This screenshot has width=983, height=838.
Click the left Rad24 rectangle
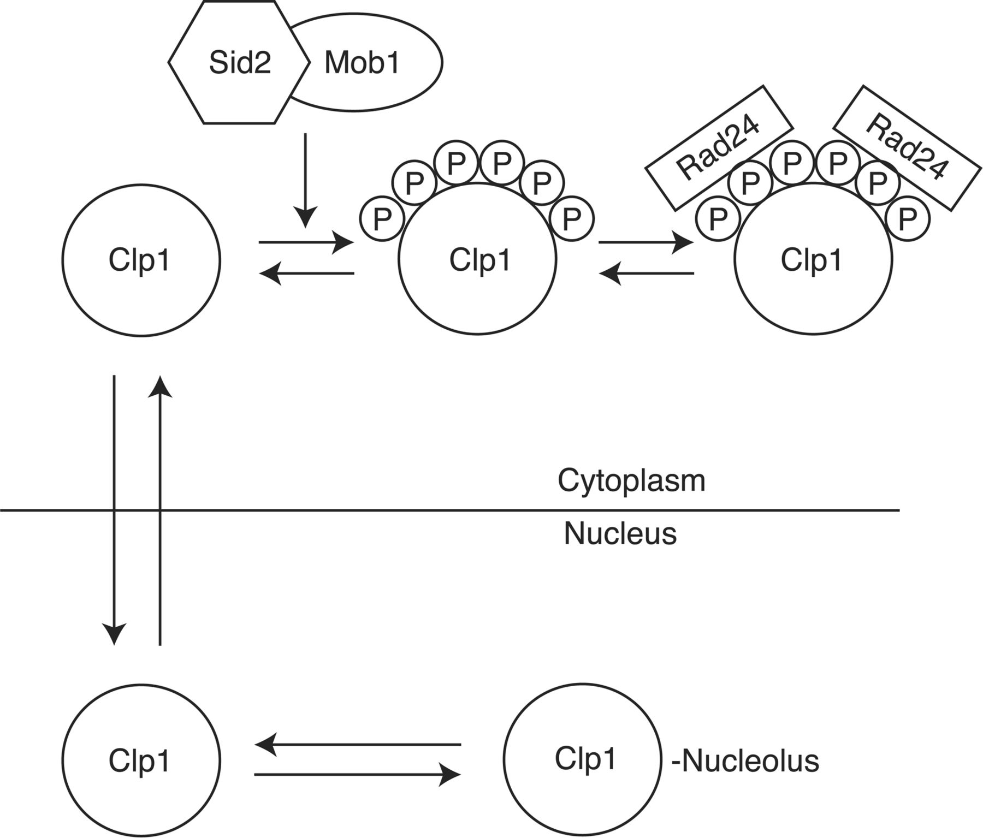tap(719, 147)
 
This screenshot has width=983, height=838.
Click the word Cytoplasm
tap(631, 481)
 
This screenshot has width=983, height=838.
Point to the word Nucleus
tap(620, 534)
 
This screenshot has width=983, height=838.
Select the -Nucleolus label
tap(745, 760)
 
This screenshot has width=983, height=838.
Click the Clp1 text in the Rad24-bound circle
tap(812, 260)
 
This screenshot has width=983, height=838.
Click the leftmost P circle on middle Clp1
tap(382, 219)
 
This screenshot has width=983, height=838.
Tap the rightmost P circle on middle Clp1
tap(572, 219)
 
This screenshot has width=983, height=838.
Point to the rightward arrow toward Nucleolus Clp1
tap(358, 774)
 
